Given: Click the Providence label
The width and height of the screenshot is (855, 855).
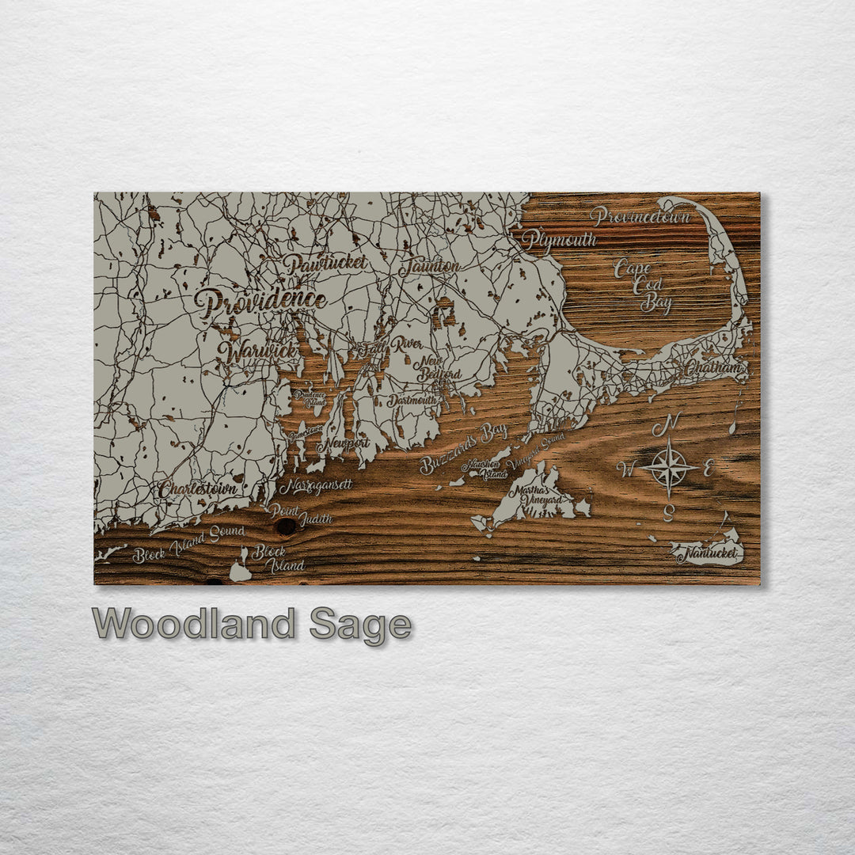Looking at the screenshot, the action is point(260,302).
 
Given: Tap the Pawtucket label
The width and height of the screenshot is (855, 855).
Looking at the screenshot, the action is point(325,264).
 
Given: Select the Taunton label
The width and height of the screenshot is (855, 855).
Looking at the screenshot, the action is point(429,267).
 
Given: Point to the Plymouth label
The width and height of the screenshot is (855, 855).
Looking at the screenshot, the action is point(559,240).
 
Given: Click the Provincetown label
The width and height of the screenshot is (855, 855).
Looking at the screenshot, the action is point(640,215).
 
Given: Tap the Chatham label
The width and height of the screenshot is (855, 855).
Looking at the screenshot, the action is point(713,368).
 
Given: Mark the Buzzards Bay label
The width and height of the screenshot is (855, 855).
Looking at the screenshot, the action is point(463,448).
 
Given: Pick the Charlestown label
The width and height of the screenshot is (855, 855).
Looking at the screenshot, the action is point(198,489).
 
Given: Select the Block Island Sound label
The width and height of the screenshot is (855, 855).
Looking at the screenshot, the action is point(188,544).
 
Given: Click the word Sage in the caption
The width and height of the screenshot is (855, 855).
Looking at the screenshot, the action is point(360,625).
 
